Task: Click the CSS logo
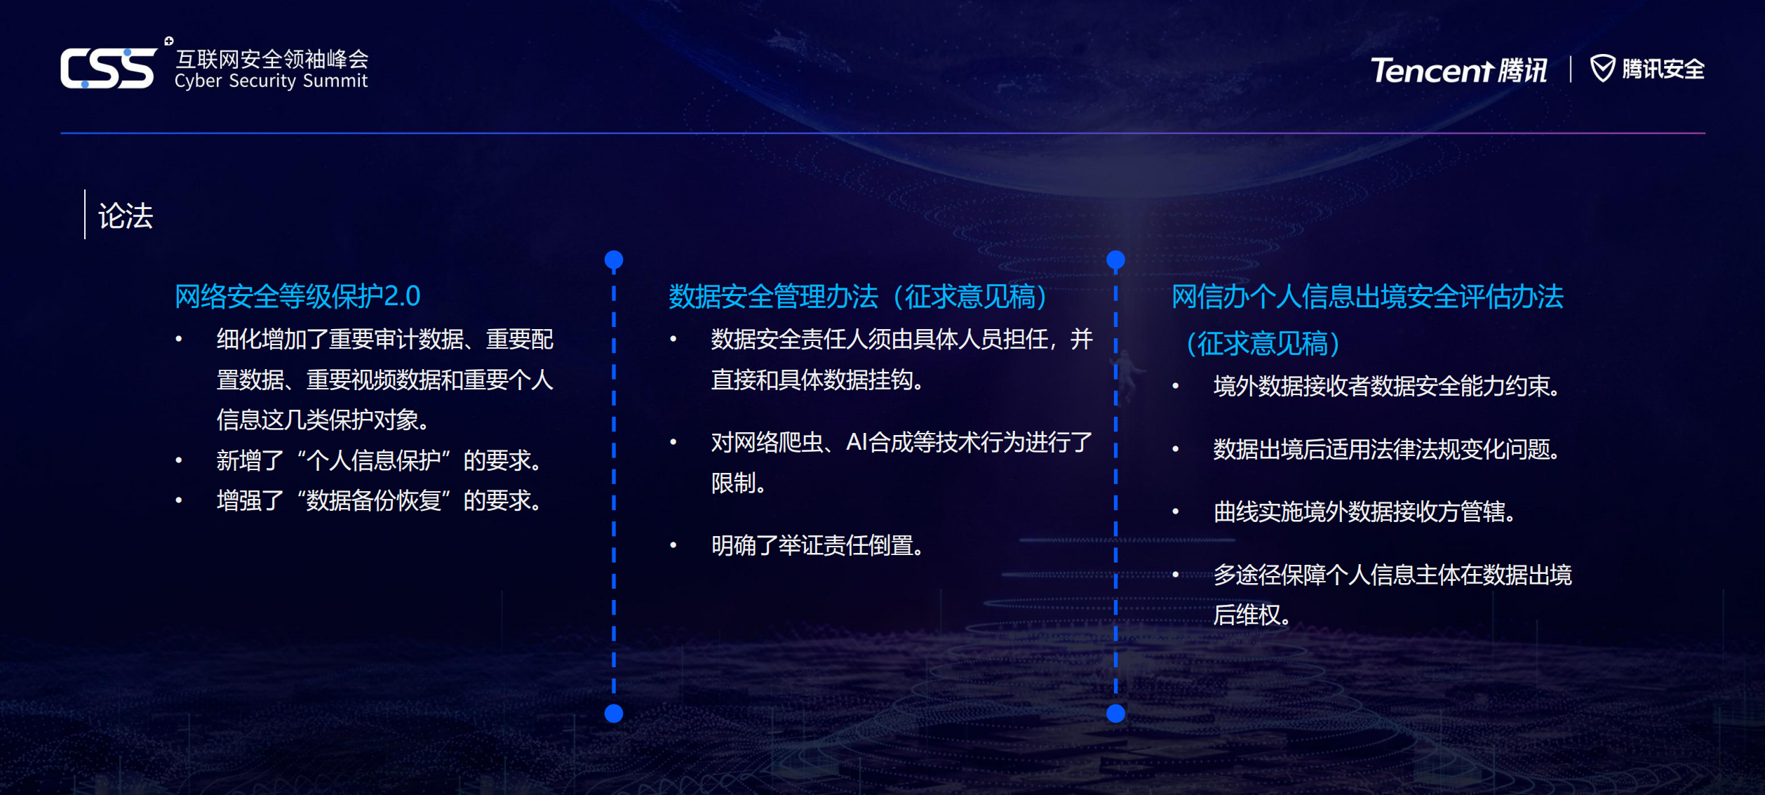coord(109,68)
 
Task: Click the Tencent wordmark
coord(1432,70)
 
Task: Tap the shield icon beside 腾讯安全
coord(1602,68)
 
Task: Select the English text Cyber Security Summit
coord(271,81)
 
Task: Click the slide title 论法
coord(126,215)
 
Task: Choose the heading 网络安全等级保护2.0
coord(297,296)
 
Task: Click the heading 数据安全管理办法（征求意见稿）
coord(857,296)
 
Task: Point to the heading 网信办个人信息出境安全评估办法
coord(1367,296)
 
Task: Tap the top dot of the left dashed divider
coord(614,260)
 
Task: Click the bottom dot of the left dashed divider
coord(614,714)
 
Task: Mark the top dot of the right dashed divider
coord(1115,260)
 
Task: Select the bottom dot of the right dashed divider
coord(1115,714)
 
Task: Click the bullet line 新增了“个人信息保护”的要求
coord(379,460)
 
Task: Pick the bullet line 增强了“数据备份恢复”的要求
coord(379,500)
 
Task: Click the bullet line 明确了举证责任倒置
coord(817,545)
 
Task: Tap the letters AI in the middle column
coord(857,442)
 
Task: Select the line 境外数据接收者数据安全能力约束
coord(1386,386)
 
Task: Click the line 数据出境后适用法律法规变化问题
coord(1386,449)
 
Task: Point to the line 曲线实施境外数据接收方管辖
coord(1364,512)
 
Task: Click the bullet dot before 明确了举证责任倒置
coord(673,545)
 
